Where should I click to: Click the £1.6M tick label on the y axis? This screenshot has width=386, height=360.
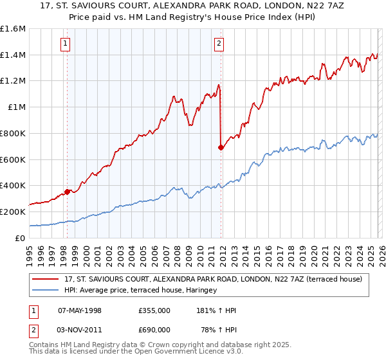click(x=13, y=29)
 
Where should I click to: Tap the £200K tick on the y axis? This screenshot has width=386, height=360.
click(x=13, y=212)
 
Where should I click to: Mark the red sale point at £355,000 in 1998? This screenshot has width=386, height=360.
click(x=67, y=191)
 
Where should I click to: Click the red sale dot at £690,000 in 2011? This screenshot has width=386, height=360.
click(x=221, y=147)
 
